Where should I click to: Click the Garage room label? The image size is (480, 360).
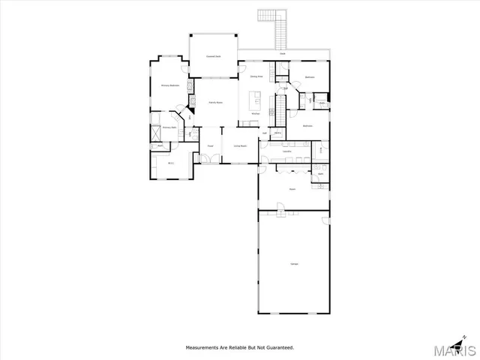(293, 263)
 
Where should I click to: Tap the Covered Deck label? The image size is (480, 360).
(213, 56)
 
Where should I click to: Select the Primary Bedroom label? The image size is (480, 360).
(169, 85)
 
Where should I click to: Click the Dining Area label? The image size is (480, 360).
(256, 76)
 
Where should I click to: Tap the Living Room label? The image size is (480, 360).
(240, 145)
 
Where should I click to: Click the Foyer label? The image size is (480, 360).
(211, 145)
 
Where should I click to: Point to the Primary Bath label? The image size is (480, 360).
(169, 127)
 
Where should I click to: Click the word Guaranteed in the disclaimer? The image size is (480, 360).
(278, 347)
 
